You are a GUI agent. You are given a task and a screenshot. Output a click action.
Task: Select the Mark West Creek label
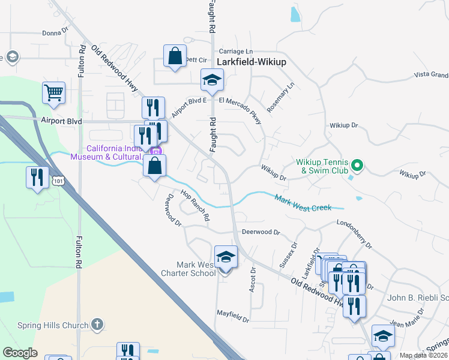(303, 202)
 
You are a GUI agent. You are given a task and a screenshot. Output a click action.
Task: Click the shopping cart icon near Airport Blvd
(53, 92)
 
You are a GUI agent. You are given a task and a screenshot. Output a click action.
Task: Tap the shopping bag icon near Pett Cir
(175, 56)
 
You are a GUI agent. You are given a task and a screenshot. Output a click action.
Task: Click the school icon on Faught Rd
(212, 79)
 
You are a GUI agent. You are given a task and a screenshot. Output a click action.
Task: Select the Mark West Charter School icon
(226, 257)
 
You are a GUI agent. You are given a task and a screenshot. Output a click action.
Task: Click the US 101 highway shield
(58, 181)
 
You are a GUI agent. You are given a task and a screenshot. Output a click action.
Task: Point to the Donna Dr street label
(56, 33)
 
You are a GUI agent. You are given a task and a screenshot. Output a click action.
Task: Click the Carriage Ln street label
(237, 52)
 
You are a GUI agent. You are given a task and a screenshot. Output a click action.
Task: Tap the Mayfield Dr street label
(232, 313)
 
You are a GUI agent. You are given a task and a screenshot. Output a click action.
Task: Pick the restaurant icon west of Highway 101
(37, 178)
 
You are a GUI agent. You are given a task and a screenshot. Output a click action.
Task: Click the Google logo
(20, 352)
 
